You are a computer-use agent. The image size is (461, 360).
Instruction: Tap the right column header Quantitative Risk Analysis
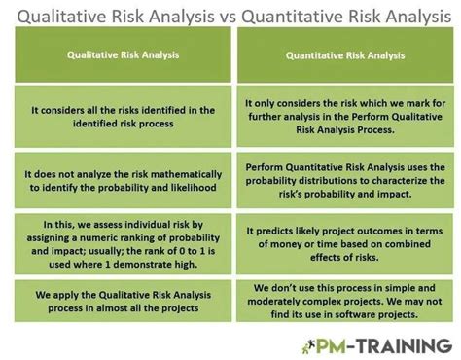344,56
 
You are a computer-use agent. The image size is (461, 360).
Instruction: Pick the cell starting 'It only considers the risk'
344,117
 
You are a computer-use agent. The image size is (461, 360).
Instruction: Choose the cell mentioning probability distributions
344,179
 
